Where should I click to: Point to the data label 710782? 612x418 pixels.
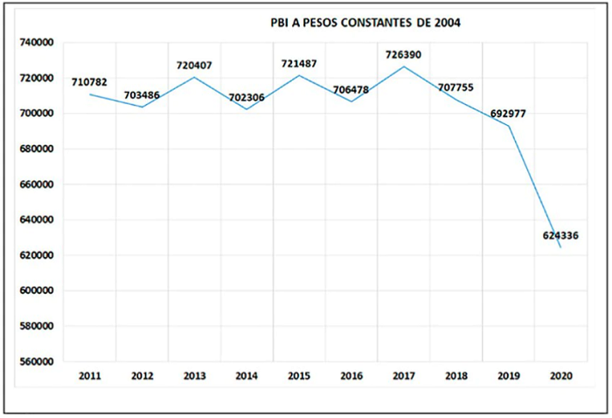tap(89, 82)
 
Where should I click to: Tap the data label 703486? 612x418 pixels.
tap(142, 95)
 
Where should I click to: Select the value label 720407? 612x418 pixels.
tap(194, 66)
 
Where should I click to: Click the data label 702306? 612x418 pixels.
tap(247, 98)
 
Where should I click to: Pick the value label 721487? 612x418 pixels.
tap(299, 63)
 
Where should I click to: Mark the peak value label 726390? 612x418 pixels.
tap(404, 54)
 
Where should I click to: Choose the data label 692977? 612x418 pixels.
tap(508, 114)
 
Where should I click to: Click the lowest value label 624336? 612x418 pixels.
tap(560, 236)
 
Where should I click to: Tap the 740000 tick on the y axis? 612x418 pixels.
tap(37, 43)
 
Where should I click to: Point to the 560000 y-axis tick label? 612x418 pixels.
tap(37, 361)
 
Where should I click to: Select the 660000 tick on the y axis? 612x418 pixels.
tap(37, 185)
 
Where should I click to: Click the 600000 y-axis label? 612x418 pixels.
tap(37, 291)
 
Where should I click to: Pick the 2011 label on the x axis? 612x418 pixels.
tap(90, 376)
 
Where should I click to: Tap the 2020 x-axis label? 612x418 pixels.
tap(561, 376)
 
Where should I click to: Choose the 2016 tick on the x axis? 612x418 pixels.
tap(351, 376)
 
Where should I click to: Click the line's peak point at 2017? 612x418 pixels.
tap(404, 66)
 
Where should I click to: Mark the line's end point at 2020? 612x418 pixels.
tap(561, 247)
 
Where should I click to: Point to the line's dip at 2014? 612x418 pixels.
tap(247, 109)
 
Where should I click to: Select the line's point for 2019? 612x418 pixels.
tap(509, 126)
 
